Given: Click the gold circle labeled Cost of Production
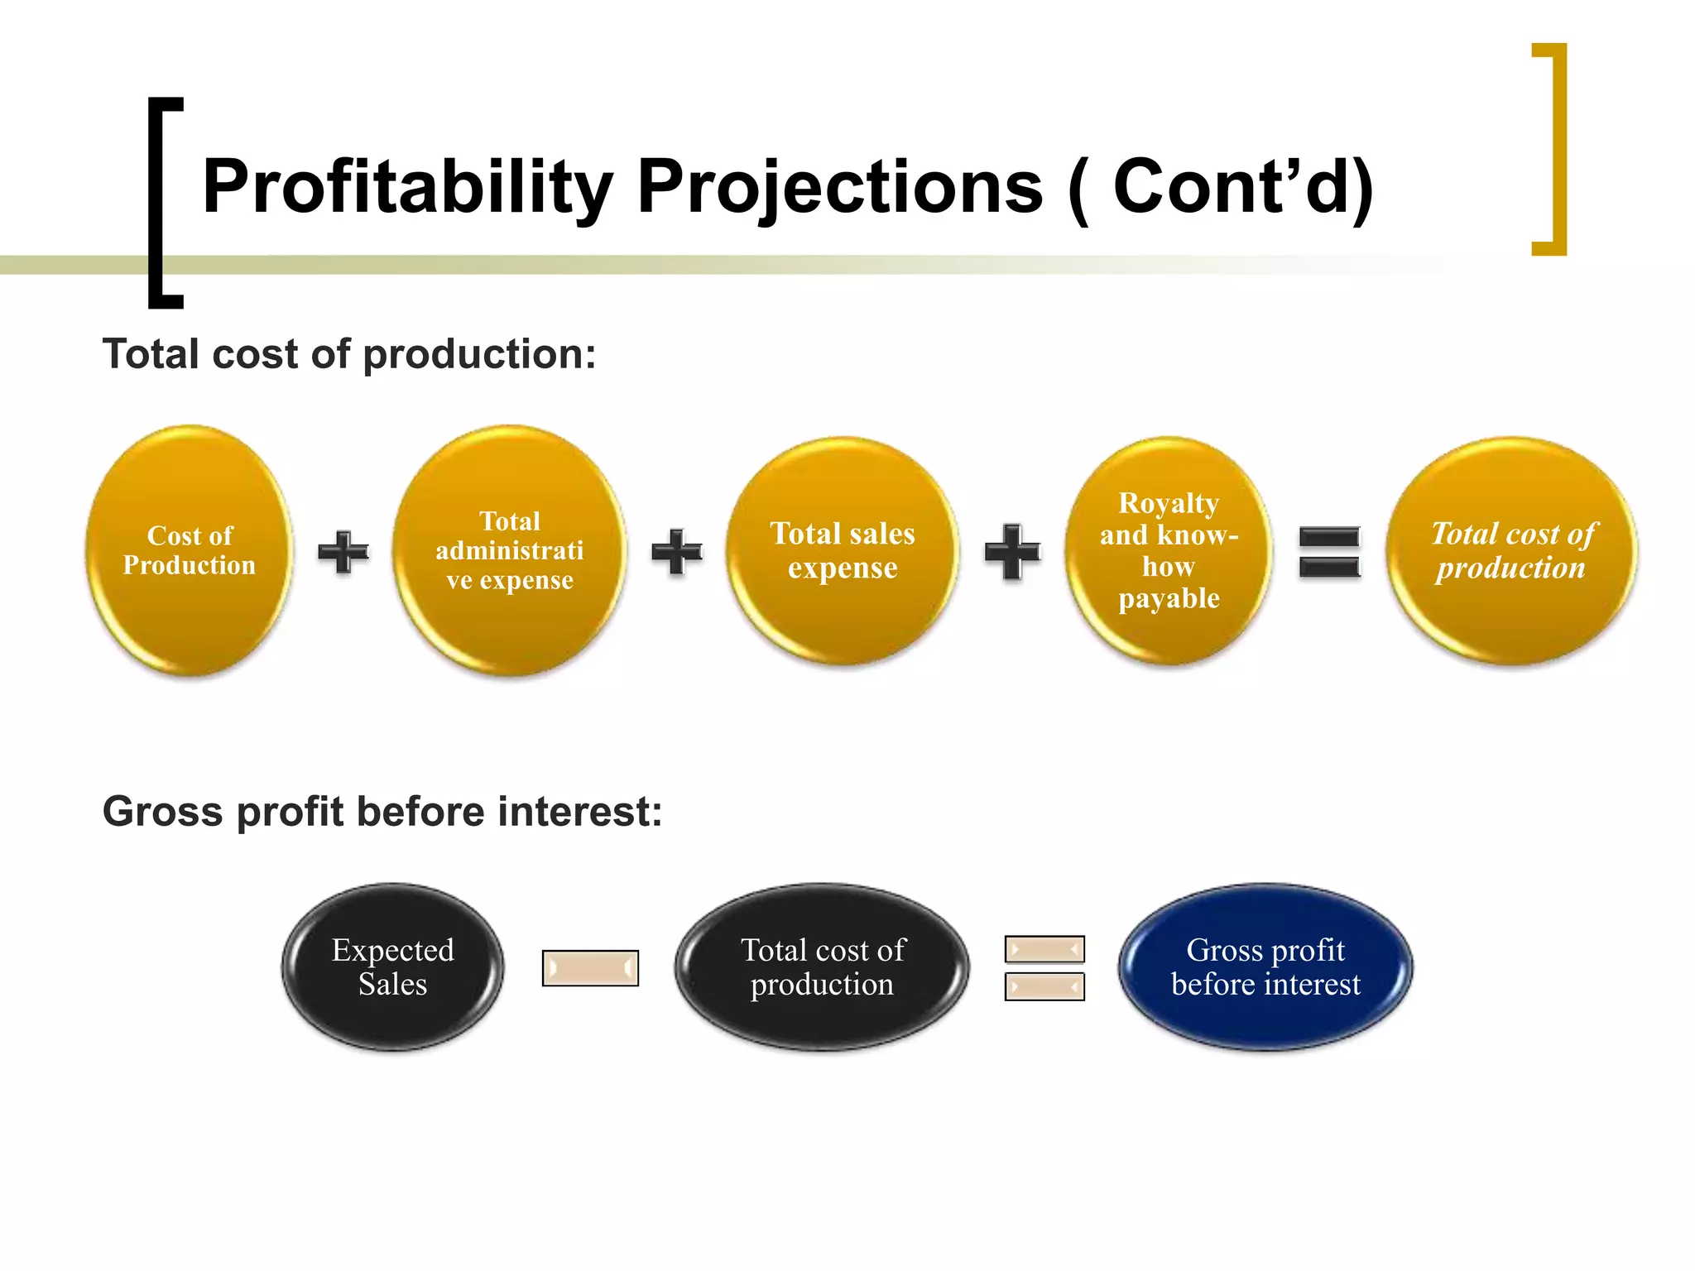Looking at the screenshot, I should (x=190, y=550).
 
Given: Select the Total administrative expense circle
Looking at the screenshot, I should (x=510, y=550).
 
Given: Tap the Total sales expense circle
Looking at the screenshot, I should (x=843, y=550).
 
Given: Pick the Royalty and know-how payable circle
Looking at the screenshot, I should (x=1168, y=550).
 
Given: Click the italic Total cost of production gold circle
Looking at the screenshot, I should (x=1511, y=550).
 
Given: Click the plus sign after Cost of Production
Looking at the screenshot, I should (x=343, y=551).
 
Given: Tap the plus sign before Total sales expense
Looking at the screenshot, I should (x=676, y=551).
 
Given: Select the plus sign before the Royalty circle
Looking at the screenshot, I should (x=1011, y=551).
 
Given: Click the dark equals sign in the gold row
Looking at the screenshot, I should (x=1329, y=552).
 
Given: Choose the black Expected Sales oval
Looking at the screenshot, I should (x=392, y=966).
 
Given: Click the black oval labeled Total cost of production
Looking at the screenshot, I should (x=822, y=966).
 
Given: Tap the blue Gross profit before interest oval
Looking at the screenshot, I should (x=1265, y=966).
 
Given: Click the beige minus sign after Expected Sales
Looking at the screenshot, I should (x=590, y=967).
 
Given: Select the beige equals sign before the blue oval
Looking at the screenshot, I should (x=1044, y=967).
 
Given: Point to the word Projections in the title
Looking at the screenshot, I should (x=839, y=187).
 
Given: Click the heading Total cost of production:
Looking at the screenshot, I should (x=348, y=354).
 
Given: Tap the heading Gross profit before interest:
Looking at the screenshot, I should (x=382, y=811).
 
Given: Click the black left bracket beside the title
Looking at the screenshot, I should (x=157, y=203).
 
